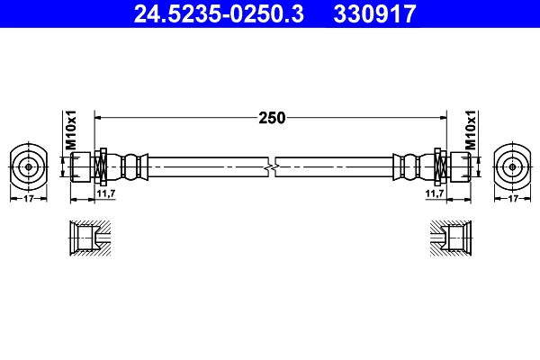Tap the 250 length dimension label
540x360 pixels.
[x=272, y=117]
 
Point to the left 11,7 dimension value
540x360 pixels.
[x=104, y=193]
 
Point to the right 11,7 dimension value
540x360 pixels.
[x=435, y=193]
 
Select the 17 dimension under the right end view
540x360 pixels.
[x=513, y=198]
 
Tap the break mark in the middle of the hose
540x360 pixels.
[x=271, y=166]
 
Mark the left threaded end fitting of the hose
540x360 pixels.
[x=82, y=166]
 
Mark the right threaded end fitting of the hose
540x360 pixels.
[x=458, y=166]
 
